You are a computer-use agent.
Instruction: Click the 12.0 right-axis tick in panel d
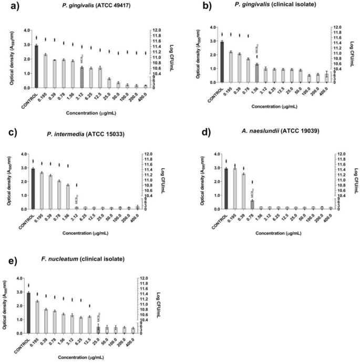click(340, 154)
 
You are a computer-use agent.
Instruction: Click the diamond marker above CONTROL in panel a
click(36, 38)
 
